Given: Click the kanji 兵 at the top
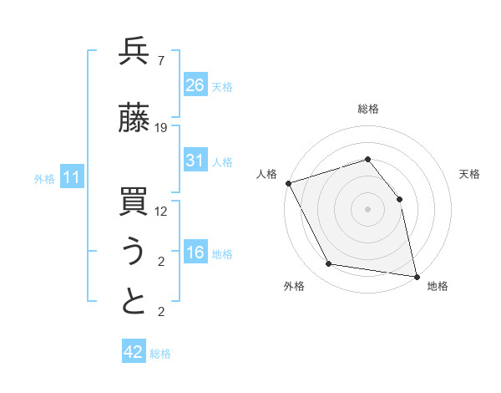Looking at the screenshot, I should [x=134, y=51].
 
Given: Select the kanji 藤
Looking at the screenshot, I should [x=134, y=120].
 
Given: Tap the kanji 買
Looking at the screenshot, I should [x=134, y=203].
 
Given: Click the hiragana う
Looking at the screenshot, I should [x=134, y=253].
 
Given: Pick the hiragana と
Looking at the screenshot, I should [x=134, y=303].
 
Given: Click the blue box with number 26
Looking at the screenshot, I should [x=195, y=84].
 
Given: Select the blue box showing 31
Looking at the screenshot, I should [x=195, y=161].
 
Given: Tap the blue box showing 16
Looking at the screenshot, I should [x=195, y=253].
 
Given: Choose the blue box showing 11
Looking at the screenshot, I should [x=71, y=177].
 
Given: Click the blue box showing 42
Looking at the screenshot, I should [x=134, y=352].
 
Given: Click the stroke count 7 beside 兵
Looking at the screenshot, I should [x=160, y=60].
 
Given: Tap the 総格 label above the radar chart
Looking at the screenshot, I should [x=368, y=109].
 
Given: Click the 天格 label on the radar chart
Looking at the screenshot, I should [x=470, y=174].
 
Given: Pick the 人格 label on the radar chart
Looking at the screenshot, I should [x=266, y=174].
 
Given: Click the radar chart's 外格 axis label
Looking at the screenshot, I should [x=294, y=286].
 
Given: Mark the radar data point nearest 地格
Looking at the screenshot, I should [x=417, y=276].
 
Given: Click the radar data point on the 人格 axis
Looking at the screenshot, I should [x=288, y=183].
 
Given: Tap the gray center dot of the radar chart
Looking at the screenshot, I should [x=368, y=208].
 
